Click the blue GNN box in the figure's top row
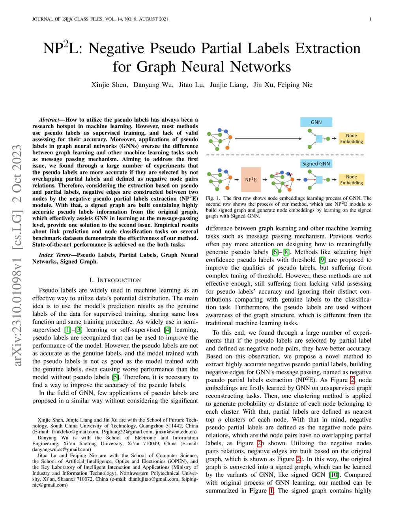(x=316, y=122)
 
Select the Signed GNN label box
(x=316, y=163)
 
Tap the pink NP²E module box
(x=251, y=180)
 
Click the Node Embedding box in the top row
(x=351, y=139)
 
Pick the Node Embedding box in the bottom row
(x=351, y=180)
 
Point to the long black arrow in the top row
(x=268, y=139)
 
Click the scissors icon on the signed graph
(x=290, y=174)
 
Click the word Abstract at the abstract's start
(x=49, y=120)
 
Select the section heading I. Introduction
(x=115, y=280)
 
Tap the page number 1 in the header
(x=370, y=19)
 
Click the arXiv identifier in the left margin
(x=17, y=257)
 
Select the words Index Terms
(x=55, y=255)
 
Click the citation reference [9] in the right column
(x=322, y=260)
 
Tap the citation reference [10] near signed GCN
(x=334, y=475)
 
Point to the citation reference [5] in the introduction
(x=115, y=377)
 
